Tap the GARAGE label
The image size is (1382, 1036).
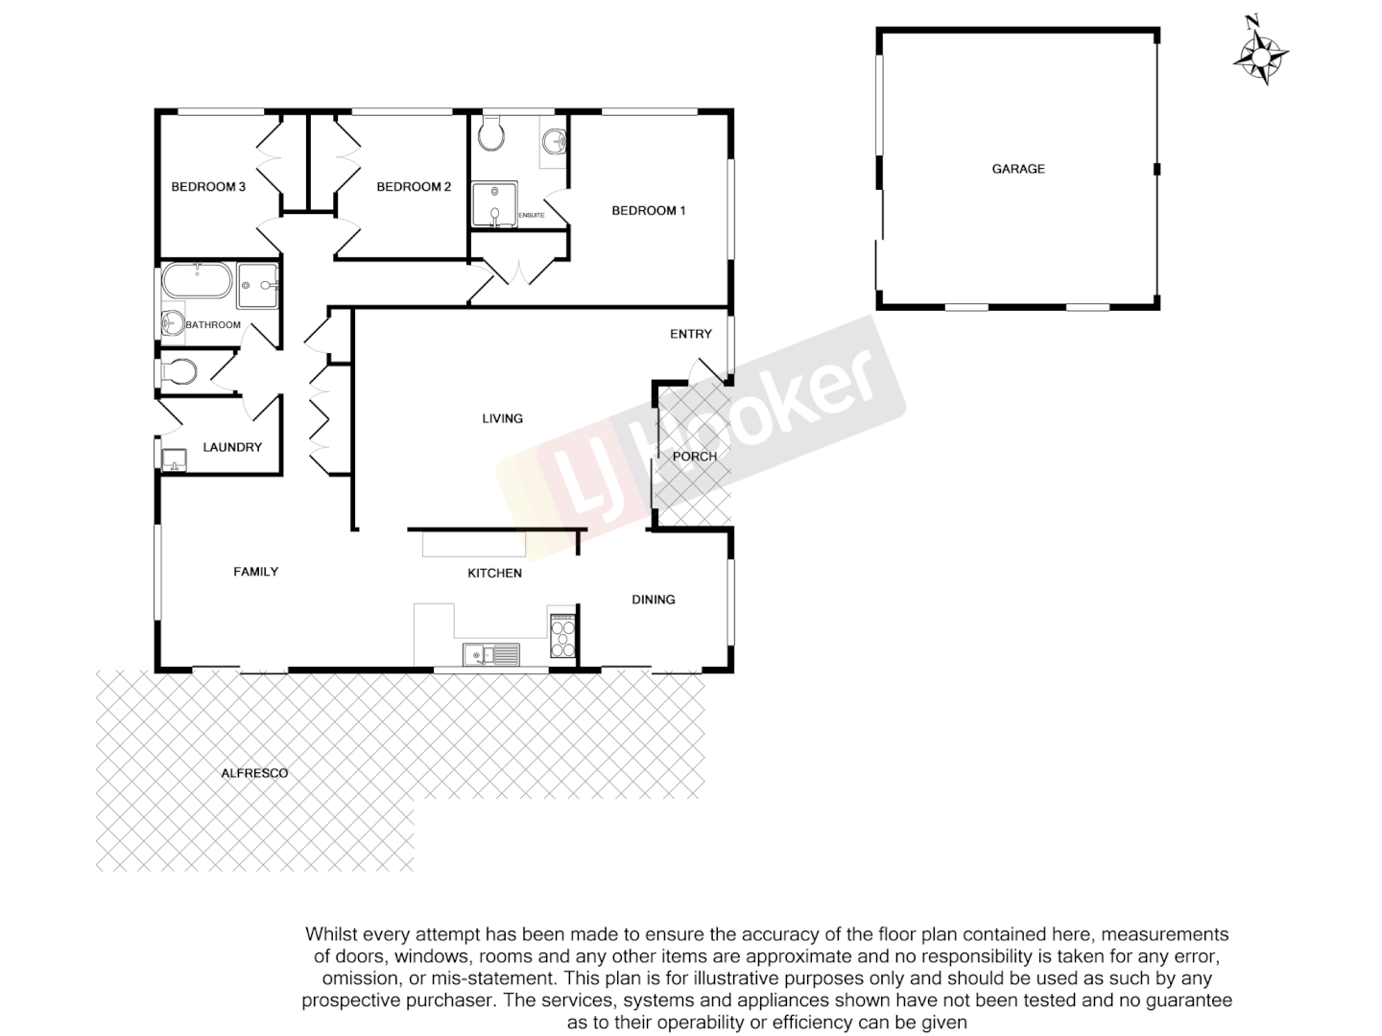(x=1018, y=169)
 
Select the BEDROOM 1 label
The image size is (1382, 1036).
(x=648, y=211)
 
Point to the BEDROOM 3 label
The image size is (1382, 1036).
(x=208, y=187)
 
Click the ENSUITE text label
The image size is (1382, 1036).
(x=531, y=215)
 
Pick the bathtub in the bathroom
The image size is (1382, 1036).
(x=197, y=282)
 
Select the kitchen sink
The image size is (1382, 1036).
(x=490, y=654)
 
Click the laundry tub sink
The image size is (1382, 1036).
(x=175, y=460)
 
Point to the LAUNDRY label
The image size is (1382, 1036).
(x=232, y=447)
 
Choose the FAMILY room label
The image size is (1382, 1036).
(x=256, y=572)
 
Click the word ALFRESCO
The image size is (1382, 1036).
(x=254, y=773)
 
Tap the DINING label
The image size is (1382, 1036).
(x=654, y=600)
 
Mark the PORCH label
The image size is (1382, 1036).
(x=694, y=457)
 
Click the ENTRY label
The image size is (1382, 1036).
(x=691, y=334)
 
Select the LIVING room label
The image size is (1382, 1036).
(x=502, y=418)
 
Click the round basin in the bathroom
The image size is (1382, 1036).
(x=173, y=323)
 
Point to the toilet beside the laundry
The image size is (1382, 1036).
(x=179, y=370)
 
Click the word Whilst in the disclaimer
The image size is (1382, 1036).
(x=329, y=934)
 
